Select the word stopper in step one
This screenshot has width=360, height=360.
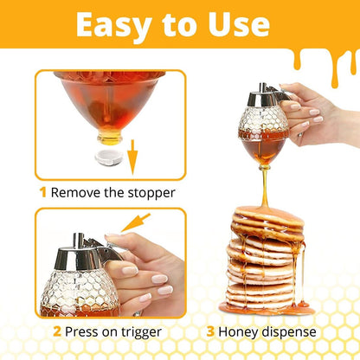pyautogui.click(x=151, y=192)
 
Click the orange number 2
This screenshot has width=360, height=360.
pyautogui.click(x=57, y=331)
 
